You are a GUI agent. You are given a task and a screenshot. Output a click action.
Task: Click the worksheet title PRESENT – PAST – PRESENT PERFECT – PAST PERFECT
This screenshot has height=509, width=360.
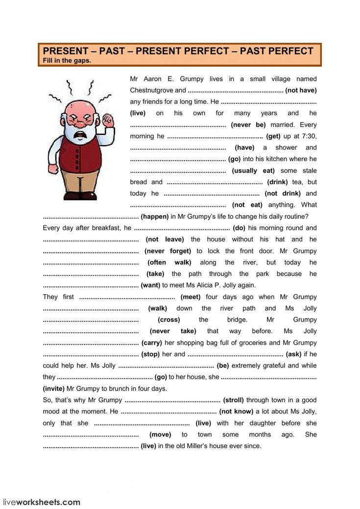click(178, 51)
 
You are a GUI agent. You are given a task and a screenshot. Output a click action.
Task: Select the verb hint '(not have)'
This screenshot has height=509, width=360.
click(301, 90)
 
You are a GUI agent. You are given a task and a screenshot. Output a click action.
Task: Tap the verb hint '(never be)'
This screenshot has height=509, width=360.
click(248, 124)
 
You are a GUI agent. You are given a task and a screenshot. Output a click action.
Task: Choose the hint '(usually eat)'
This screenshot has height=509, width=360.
click(253, 170)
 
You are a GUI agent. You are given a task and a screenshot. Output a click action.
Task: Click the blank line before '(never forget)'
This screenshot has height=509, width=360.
click(91, 251)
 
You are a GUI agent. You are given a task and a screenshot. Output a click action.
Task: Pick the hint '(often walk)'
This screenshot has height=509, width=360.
click(169, 263)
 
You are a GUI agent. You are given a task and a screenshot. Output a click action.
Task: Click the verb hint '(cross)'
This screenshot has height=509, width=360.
click(168, 320)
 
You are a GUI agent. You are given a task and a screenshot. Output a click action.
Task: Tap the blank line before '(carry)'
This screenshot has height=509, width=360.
click(91, 343)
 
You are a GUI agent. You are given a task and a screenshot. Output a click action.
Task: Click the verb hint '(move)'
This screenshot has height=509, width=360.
click(160, 435)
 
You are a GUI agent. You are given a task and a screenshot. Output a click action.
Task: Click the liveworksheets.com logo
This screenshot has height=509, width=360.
click(42, 502)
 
